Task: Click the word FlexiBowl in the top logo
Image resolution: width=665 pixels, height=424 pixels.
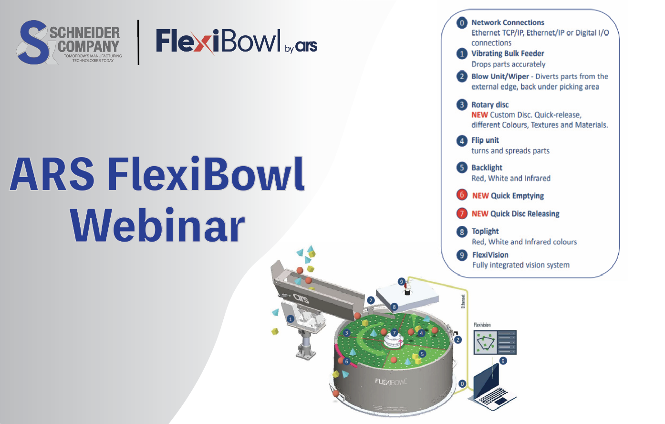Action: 218,42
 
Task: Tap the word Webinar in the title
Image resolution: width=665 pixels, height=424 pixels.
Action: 157,225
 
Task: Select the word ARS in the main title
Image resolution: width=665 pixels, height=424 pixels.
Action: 52,174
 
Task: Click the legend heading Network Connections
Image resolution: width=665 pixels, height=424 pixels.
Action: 508,22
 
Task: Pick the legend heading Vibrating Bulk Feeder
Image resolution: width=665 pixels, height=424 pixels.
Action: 508,53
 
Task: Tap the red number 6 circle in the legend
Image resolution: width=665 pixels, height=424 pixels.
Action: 462,195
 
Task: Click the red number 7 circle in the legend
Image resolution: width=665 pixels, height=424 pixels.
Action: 462,213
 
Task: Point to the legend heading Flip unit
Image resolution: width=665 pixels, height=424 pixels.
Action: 485,140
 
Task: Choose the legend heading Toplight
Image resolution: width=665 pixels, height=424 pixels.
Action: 485,231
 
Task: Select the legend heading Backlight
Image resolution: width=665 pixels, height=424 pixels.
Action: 487,168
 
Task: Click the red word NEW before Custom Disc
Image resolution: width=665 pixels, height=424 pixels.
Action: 479,115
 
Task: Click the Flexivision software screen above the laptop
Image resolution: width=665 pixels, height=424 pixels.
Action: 495,342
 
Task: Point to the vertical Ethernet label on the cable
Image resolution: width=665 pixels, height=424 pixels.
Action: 463,301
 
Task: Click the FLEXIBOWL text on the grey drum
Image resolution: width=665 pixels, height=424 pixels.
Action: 391,382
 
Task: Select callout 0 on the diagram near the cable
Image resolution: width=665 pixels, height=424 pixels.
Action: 462,383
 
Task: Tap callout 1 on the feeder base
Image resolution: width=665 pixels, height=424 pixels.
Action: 291,319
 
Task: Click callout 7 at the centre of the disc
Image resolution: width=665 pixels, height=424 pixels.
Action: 394,333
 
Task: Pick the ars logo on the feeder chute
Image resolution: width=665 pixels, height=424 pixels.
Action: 301,299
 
